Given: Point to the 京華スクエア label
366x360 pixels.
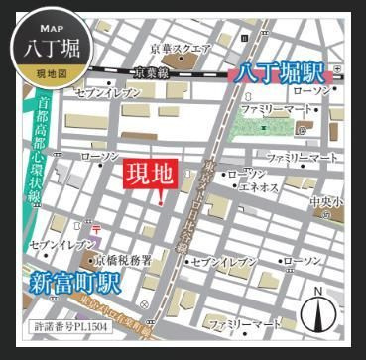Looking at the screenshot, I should pyautogui.click(x=182, y=49).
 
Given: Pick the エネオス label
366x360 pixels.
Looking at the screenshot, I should pyautogui.click(x=259, y=185).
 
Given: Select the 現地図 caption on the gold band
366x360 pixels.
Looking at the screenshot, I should pyautogui.click(x=52, y=74).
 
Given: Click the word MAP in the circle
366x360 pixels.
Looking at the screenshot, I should pyautogui.click(x=52, y=27).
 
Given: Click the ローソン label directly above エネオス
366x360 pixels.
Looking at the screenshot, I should pyautogui.click(x=248, y=174).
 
